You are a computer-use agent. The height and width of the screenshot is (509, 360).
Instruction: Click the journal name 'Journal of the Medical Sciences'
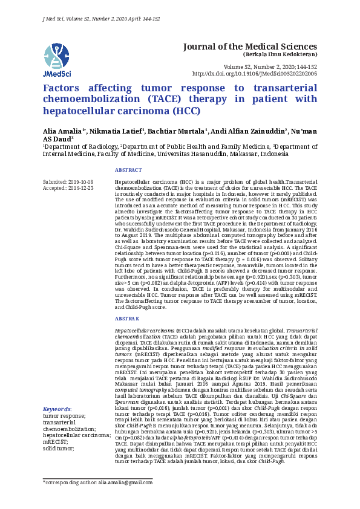click(250, 47)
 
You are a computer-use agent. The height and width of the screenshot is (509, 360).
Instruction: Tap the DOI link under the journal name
click(254, 73)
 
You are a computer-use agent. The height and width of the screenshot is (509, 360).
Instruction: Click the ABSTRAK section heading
click(126, 318)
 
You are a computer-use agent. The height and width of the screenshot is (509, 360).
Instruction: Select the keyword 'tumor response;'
click(64, 399)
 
